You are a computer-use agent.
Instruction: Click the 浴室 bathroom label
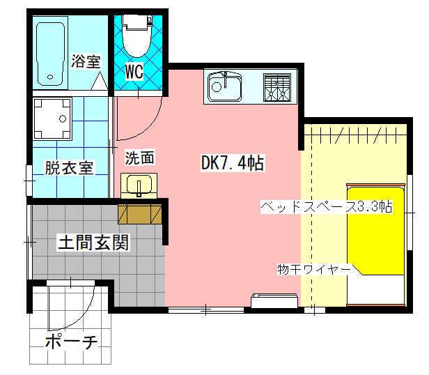tap(86, 61)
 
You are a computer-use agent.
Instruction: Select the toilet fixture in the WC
tap(136, 38)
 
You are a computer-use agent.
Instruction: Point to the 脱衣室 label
tap(69, 168)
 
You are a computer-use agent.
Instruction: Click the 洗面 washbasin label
tap(139, 158)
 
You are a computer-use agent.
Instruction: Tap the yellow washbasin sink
tap(140, 186)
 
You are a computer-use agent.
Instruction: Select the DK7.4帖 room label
tap(232, 164)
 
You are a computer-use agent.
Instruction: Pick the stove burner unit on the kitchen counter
tap(276, 87)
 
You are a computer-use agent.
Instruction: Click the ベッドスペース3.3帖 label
tap(326, 207)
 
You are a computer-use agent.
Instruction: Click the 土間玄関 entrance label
tap(93, 244)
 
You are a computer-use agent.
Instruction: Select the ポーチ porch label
tap(70, 342)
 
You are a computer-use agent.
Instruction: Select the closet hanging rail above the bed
tap(355, 132)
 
